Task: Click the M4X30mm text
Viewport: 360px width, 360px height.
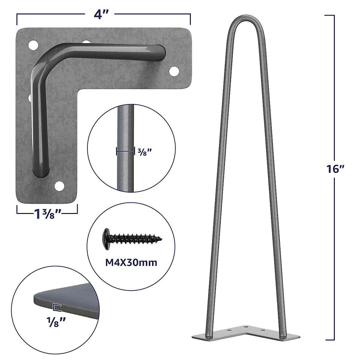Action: point(131,262)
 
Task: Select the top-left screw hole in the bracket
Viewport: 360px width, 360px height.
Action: point(33,46)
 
